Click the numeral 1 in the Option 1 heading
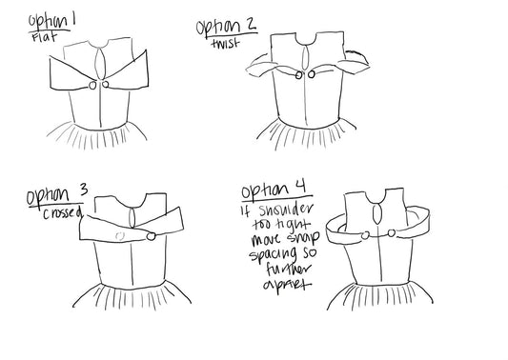point(73,20)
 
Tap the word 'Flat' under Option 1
point(45,36)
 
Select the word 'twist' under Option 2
point(226,43)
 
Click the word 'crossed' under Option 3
point(63,213)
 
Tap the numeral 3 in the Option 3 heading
point(84,190)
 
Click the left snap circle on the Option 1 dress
point(92,86)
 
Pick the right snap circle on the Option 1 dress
point(105,84)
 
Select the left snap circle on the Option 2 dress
point(298,75)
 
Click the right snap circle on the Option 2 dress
point(312,74)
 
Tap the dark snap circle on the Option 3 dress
point(151,236)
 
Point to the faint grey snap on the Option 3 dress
point(120,236)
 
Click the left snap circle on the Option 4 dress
point(365,235)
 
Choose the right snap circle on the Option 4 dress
point(392,233)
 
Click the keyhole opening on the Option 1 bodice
point(100,64)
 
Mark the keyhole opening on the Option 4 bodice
point(377,213)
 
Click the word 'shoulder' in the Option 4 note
point(286,210)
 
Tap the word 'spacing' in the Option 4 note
point(274,254)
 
